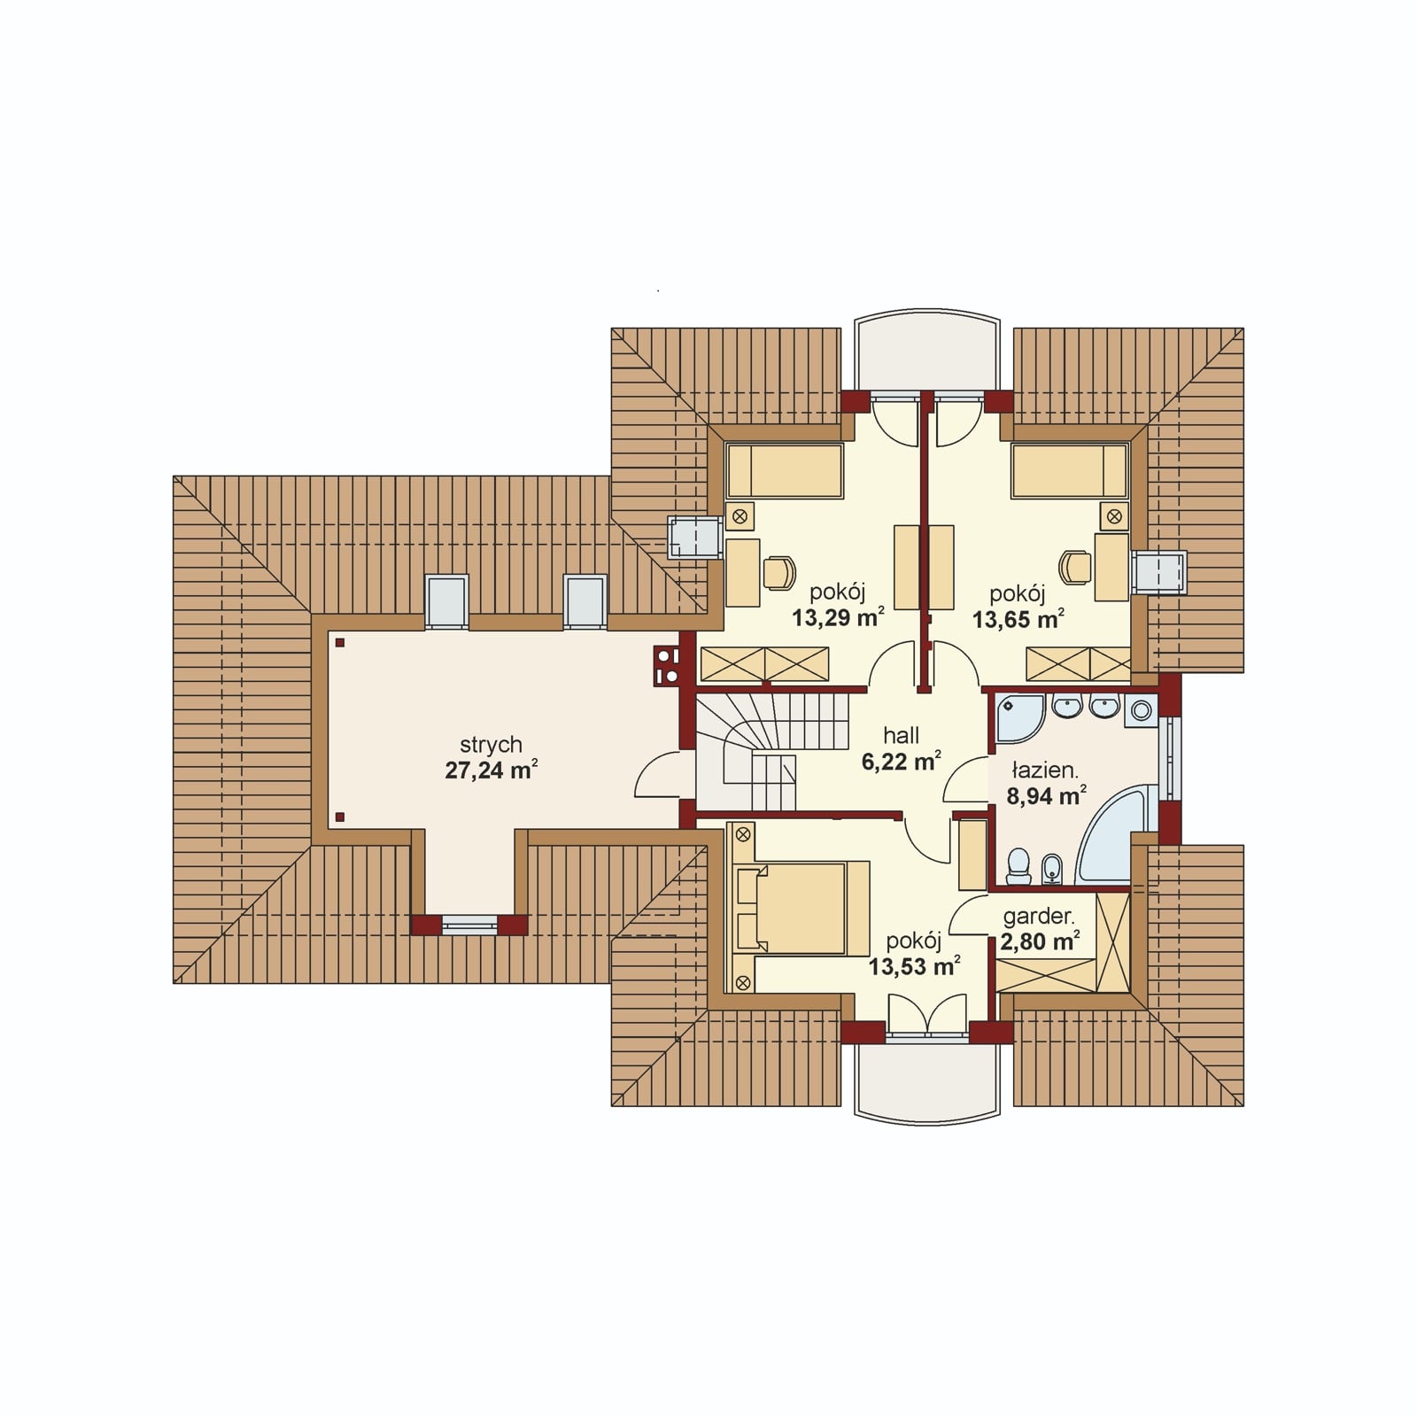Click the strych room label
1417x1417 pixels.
491,746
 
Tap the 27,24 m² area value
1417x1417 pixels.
492,770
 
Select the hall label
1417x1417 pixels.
902,735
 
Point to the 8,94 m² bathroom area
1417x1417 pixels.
1046,795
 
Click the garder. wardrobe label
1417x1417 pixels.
1038,918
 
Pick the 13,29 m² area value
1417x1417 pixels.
838,617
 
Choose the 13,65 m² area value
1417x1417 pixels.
1018,619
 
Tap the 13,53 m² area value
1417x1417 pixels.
914,965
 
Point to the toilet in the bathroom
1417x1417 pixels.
1019,867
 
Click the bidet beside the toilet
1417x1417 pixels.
1052,869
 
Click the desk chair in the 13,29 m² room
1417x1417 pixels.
778,571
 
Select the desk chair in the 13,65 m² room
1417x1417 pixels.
1076,568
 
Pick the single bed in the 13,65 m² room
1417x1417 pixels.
1070,470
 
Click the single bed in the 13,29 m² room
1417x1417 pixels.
785,470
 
